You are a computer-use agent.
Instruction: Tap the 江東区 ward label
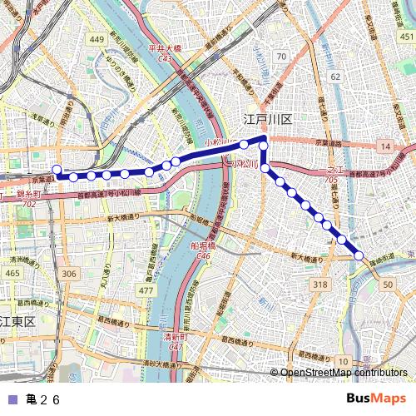coord(17,320)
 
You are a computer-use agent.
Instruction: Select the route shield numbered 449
coord(97,39)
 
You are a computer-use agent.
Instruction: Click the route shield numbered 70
coord(282,57)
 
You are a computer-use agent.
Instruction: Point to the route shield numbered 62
coord(334,76)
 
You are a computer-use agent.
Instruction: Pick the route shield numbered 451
coord(405,37)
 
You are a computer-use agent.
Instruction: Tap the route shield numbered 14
coord(384,146)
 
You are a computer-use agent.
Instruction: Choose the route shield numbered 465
coord(12,273)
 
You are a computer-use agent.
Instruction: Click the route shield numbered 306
coord(68,274)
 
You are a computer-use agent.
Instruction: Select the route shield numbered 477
coord(146,290)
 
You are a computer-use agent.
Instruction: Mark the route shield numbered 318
coord(320,285)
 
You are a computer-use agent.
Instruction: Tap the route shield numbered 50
coord(388,285)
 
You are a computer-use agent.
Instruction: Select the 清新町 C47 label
coord(175,340)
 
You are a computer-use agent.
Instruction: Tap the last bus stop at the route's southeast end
coord(359,256)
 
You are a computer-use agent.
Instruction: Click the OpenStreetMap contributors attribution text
coord(343,373)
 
